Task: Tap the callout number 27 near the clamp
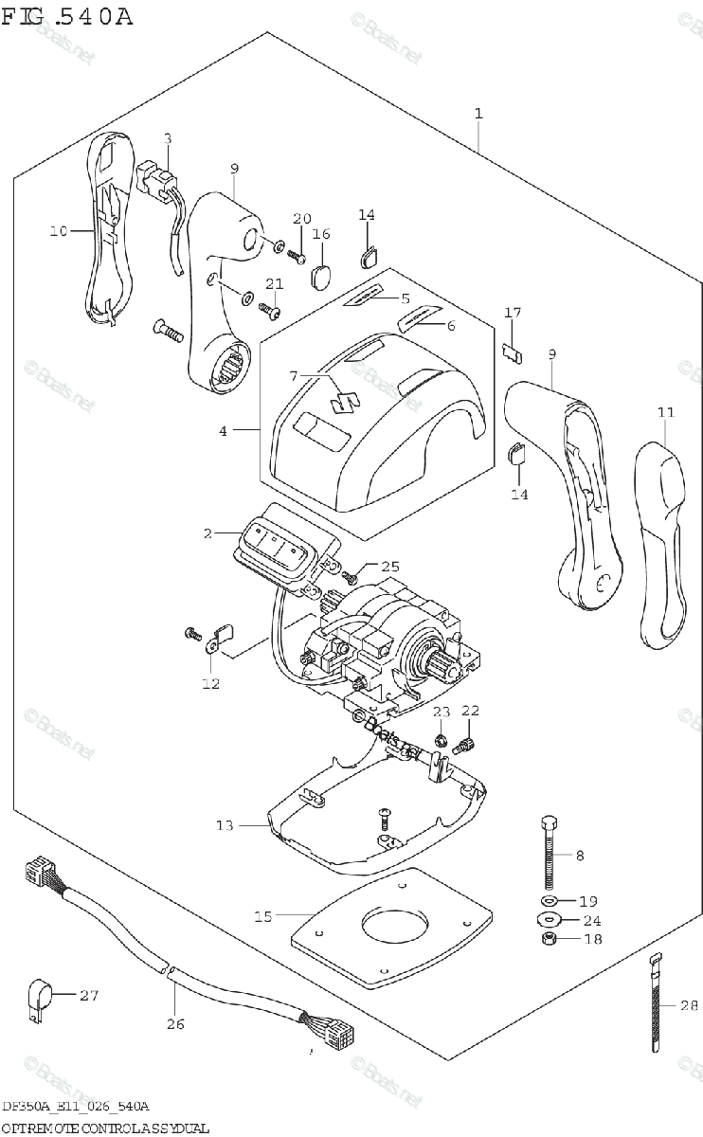click(89, 995)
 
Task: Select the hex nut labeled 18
click(549, 938)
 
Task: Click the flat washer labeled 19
click(550, 899)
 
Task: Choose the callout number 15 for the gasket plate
click(262, 915)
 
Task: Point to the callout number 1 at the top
click(478, 113)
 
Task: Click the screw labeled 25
click(351, 574)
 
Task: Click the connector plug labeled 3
click(157, 178)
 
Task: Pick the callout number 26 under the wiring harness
click(175, 1022)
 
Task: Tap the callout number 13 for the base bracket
click(224, 826)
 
